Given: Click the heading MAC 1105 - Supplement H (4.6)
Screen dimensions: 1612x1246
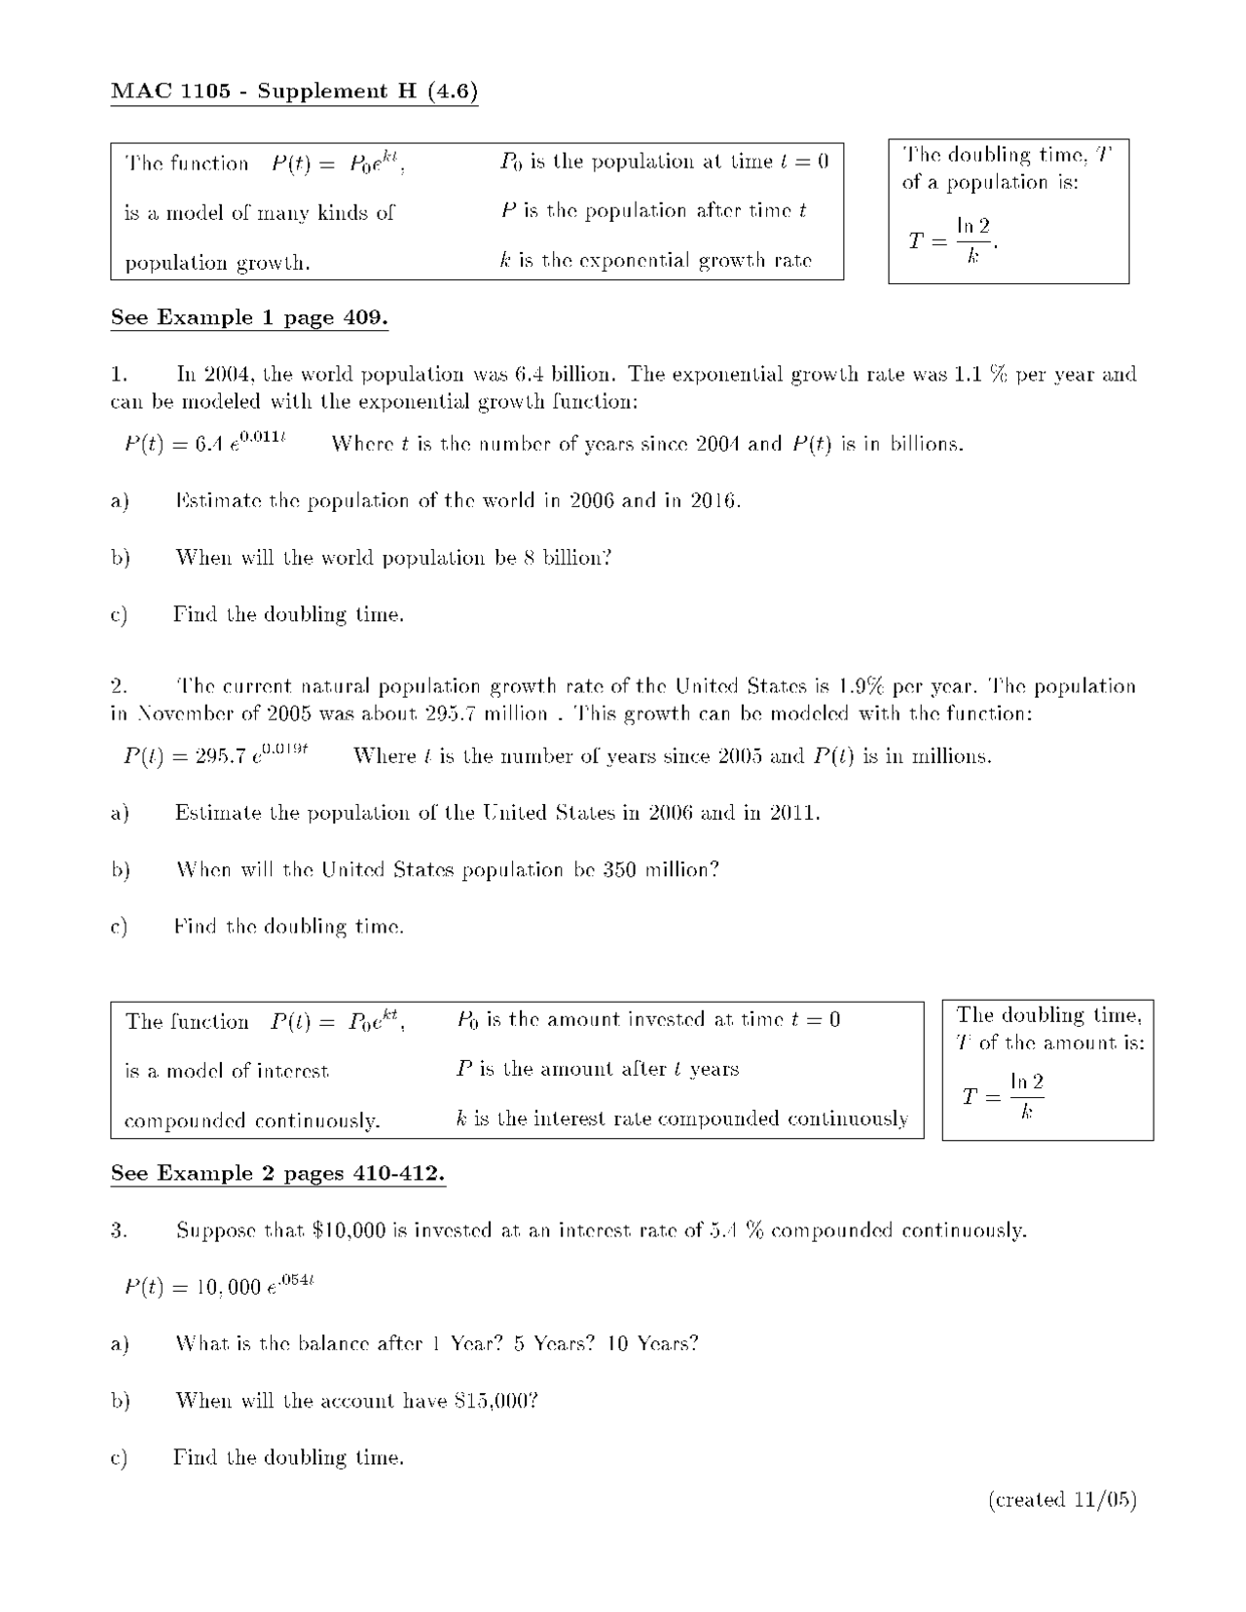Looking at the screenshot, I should pos(294,92).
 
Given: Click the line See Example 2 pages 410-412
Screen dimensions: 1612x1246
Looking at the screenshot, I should pos(277,1173).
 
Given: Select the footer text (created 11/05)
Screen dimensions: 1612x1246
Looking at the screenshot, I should pos(1062,1499).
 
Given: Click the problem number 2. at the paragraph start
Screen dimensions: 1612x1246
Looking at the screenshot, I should pos(118,686).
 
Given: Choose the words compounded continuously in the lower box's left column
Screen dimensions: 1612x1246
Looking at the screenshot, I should pos(252,1121).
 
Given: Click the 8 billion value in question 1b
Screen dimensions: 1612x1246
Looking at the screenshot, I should pos(567,558).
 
